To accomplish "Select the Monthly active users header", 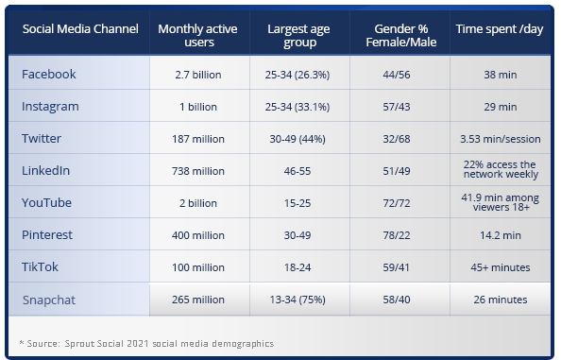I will coord(199,36).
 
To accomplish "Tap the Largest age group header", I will coord(299,36).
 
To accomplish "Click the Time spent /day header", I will coord(499,29).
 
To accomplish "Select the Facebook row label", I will coord(48,74).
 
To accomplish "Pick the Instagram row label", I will coord(50,107).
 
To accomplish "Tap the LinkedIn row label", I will coord(46,171).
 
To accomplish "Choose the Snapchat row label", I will coord(50,300).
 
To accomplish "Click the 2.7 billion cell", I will coord(199,75).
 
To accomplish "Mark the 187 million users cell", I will coord(199,139).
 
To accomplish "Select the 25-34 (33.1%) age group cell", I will coord(299,107).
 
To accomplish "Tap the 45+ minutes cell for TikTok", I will coord(499,267).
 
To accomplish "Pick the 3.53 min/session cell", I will coord(499,139).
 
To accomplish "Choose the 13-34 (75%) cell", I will coord(299,300).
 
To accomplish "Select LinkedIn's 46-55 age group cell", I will coord(299,171).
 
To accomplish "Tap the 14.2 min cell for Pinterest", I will coord(499,235).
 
